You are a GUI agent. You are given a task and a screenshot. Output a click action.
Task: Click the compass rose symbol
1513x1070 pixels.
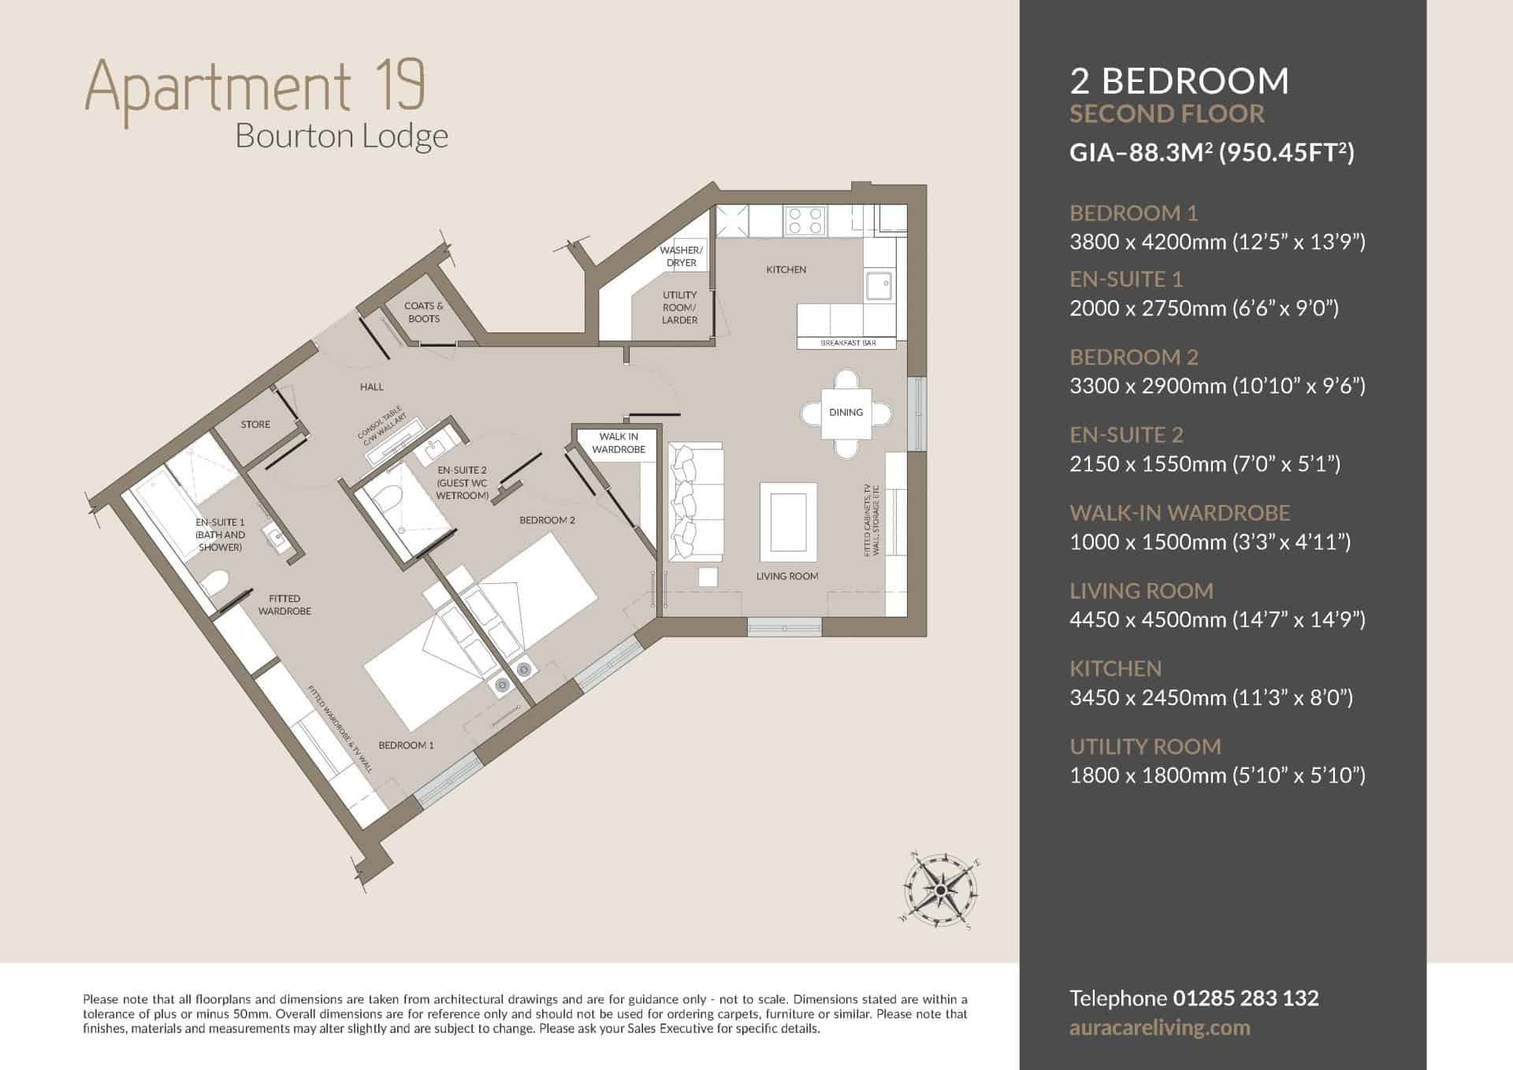[940, 890]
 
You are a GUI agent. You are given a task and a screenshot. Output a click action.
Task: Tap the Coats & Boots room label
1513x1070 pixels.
[424, 312]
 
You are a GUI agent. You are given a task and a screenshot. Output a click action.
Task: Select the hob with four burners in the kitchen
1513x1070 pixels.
[805, 221]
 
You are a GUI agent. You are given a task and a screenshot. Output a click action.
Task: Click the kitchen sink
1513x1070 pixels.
[879, 286]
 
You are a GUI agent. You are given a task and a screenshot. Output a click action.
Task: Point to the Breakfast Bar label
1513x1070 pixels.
[848, 344]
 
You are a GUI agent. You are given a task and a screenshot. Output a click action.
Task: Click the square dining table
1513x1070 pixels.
[846, 414]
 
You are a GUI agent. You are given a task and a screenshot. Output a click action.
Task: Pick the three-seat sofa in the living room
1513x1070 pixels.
[695, 502]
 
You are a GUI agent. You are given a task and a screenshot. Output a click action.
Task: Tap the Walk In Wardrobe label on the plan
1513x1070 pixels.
[619, 443]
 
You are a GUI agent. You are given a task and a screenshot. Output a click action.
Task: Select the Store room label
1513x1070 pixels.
[255, 425]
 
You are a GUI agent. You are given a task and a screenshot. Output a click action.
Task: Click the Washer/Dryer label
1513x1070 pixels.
[681, 257]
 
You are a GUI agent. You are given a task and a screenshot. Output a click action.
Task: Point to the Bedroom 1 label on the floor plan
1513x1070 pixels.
[406, 745]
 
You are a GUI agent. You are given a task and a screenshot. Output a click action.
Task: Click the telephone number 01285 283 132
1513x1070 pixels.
[1246, 998]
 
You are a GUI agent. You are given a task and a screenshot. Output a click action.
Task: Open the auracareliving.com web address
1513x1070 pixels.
[1160, 1028]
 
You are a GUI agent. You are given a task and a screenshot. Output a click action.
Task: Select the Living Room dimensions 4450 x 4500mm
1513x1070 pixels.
[1136, 620]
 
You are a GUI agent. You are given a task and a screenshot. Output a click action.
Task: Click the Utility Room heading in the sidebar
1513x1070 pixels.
[1145, 746]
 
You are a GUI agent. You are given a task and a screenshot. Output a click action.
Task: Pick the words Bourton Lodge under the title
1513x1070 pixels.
[342, 136]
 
